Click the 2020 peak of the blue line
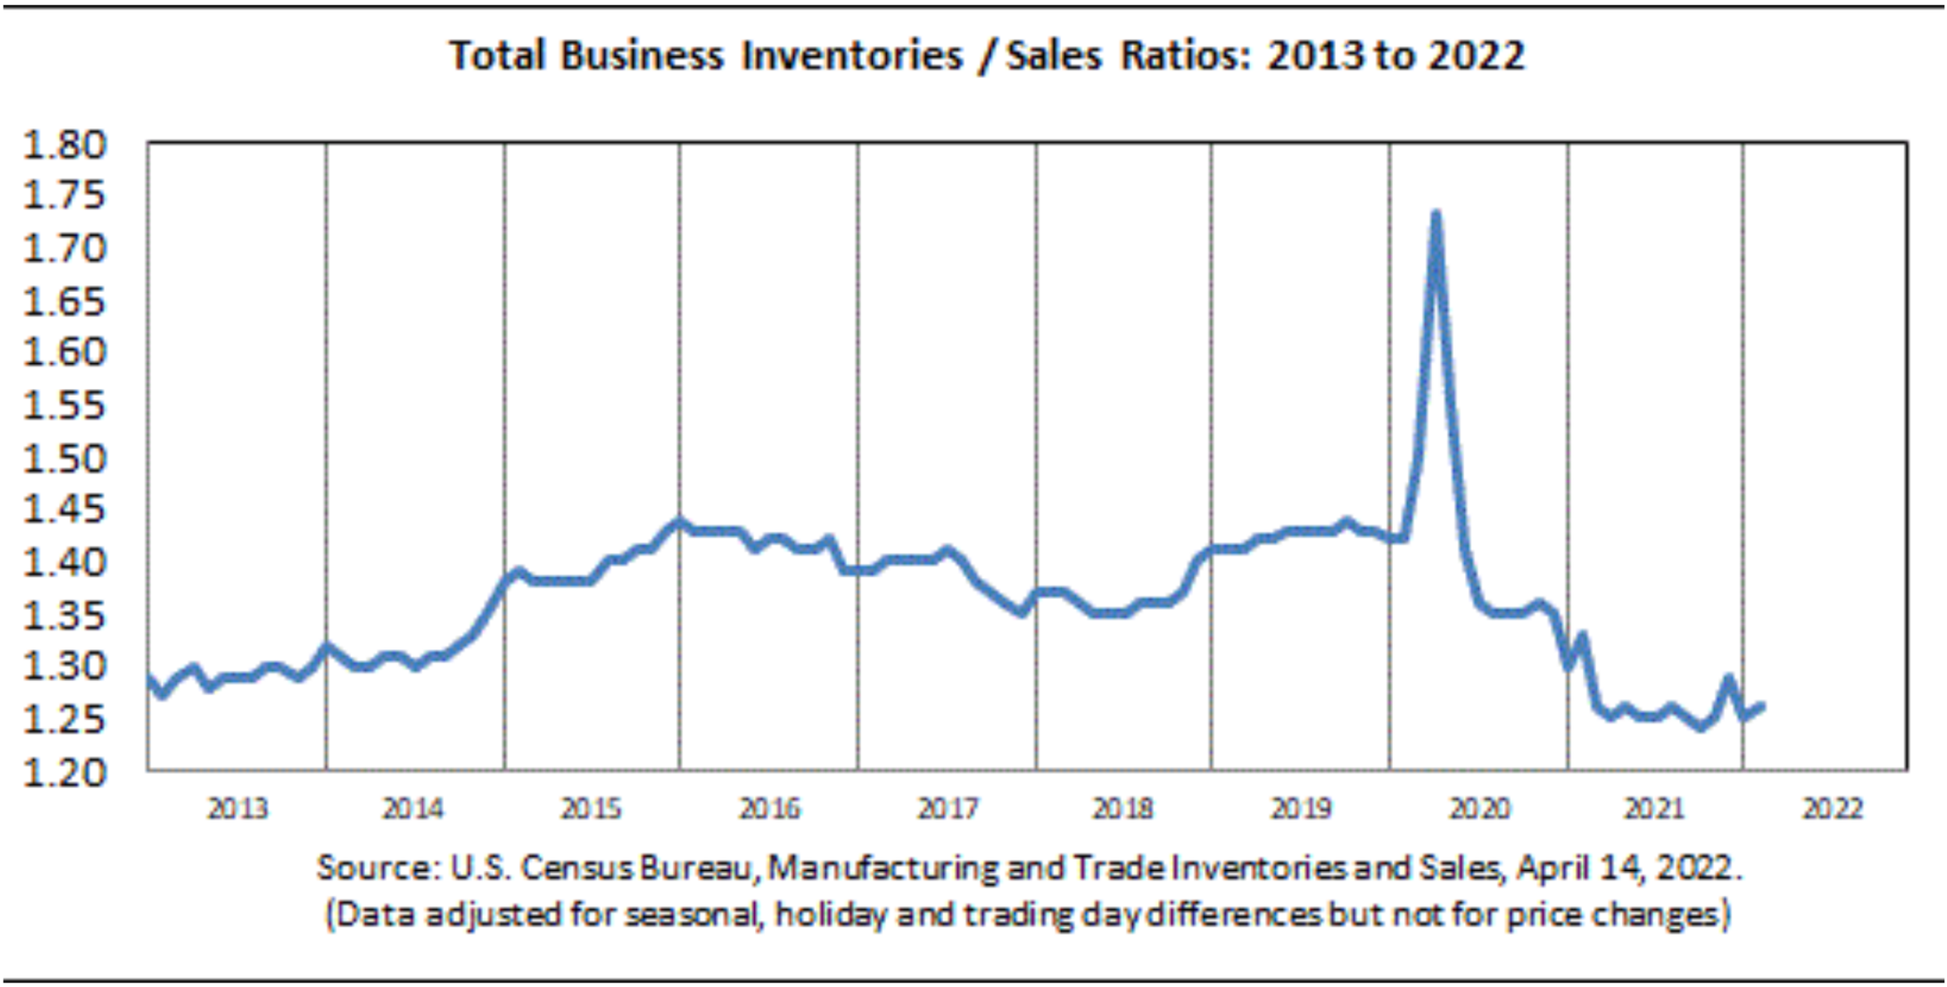pyautogui.click(x=1436, y=215)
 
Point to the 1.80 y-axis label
pyautogui.click(x=64, y=145)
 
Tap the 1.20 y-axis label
pyautogui.click(x=64, y=772)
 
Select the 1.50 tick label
pyautogui.click(x=64, y=458)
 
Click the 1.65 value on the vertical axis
pyautogui.click(x=64, y=301)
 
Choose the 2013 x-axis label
pyautogui.click(x=238, y=809)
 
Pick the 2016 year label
pyautogui.click(x=769, y=809)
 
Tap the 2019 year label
pyautogui.click(x=1301, y=809)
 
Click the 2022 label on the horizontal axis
pyautogui.click(x=1832, y=809)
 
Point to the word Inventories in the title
pyautogui.click(x=852, y=55)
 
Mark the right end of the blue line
pyautogui.click(x=1762, y=706)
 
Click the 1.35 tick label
pyautogui.click(x=64, y=615)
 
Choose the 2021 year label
pyautogui.click(x=1654, y=809)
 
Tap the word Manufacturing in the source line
pyautogui.click(x=883, y=867)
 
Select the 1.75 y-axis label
pyautogui.click(x=64, y=196)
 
